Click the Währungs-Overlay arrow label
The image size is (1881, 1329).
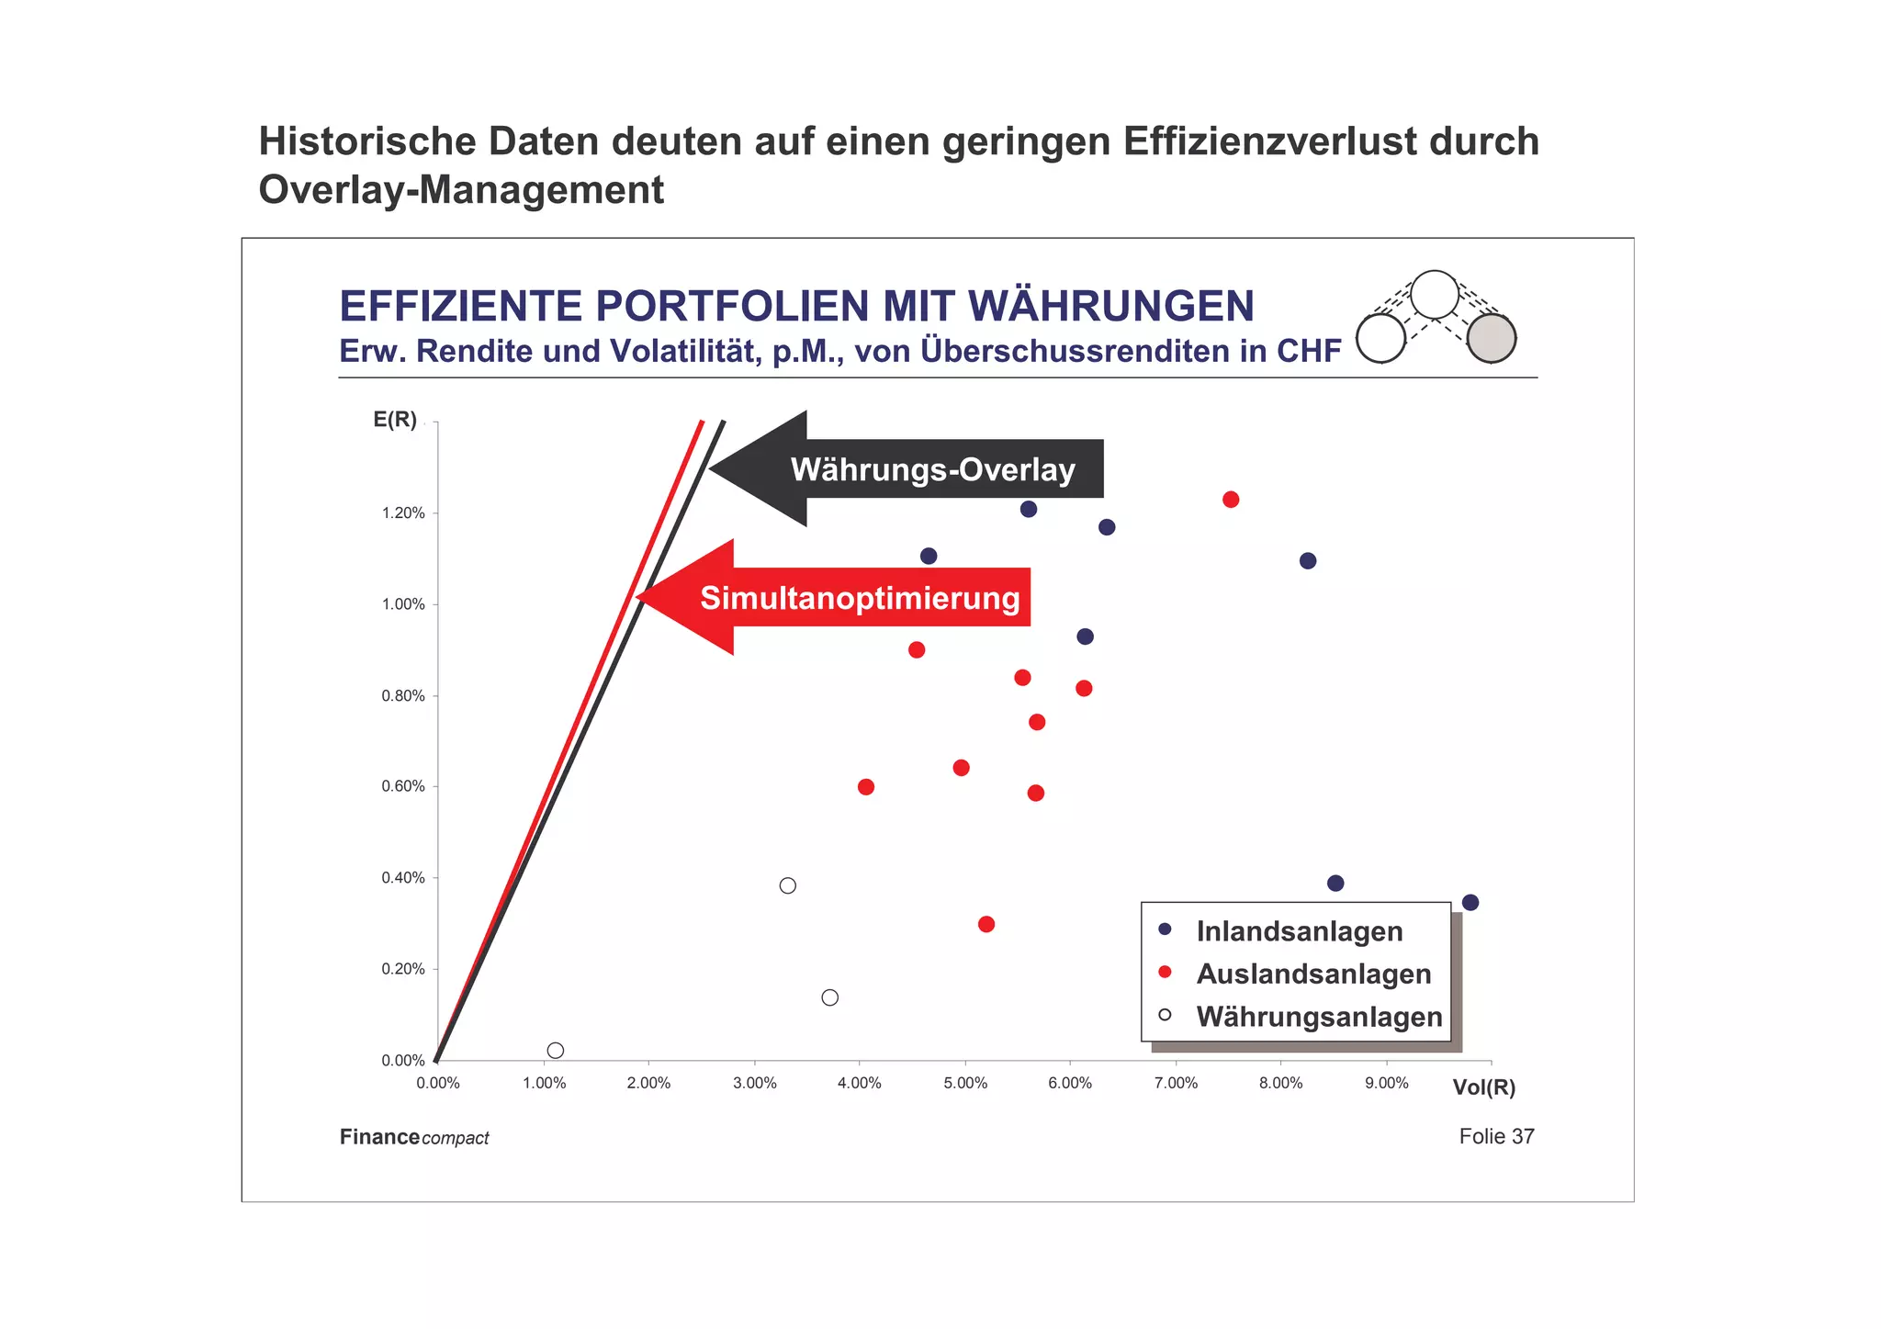932,469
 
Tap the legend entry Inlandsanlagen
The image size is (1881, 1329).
1299,931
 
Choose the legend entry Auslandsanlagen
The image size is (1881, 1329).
1313,974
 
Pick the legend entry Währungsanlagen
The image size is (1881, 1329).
1319,1017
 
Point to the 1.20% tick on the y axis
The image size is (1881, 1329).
404,512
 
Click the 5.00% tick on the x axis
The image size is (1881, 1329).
965,1083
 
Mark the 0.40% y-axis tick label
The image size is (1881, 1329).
404,877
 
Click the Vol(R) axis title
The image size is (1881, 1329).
1483,1087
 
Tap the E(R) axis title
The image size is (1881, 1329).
395,420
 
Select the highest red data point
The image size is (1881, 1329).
1231,500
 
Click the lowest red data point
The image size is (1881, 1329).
986,924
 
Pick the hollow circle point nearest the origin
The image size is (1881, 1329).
555,1050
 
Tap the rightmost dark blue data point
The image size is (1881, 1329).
1470,902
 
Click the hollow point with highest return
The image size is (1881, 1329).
787,885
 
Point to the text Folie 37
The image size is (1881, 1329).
1496,1136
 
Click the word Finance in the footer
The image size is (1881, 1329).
379,1137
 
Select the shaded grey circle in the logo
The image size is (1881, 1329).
1491,338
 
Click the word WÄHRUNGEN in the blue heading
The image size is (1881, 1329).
1111,306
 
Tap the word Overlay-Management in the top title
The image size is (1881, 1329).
461,190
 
